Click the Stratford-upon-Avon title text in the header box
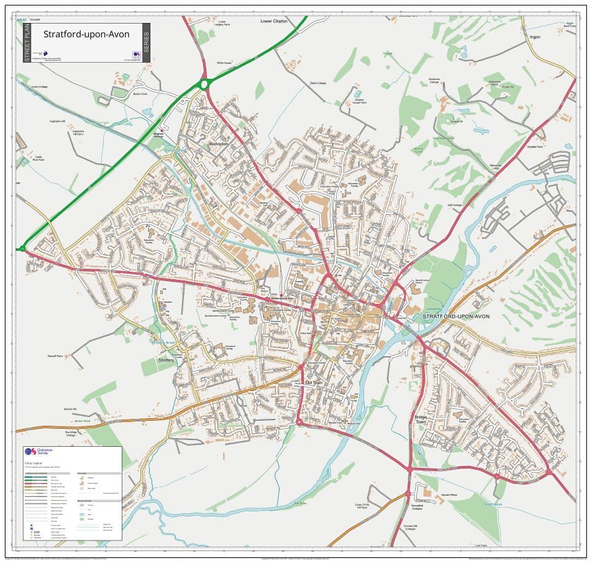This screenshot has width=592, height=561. pos(86,34)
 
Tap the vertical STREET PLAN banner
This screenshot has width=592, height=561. pos(27,43)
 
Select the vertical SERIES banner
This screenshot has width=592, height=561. pos(146,43)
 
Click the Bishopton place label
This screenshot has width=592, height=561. pos(219,143)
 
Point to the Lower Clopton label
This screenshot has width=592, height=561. pos(274,21)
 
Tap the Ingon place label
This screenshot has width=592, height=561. pos(535,37)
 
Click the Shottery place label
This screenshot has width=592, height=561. pos(166,360)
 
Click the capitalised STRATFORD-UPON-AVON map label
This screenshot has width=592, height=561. pos(456,316)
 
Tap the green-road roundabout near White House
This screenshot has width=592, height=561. pos(204,84)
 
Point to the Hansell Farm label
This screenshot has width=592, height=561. pos(56,356)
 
